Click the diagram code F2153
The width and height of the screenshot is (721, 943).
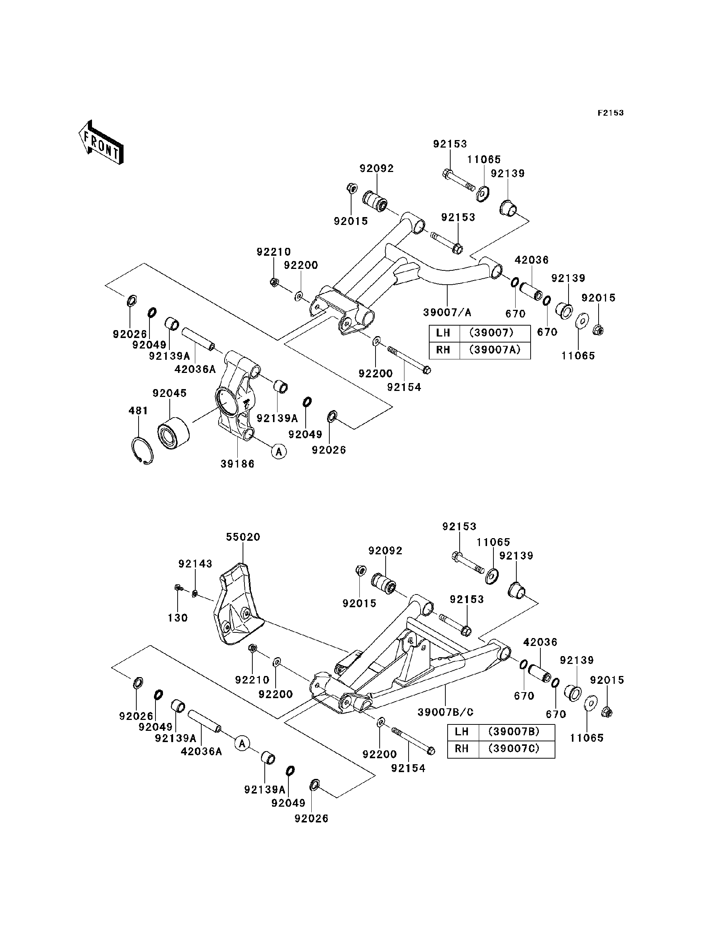point(610,113)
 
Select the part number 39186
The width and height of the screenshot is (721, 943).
point(237,464)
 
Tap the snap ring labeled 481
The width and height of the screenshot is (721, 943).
point(142,450)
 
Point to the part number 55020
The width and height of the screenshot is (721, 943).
point(243,537)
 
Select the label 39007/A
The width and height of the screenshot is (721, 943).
point(447,312)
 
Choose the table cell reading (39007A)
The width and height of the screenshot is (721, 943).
point(495,350)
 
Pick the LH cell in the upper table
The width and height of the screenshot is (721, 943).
point(443,333)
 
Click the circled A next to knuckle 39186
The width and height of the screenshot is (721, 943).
point(279,451)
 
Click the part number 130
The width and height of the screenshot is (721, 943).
point(178,618)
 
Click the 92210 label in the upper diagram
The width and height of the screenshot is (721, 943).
point(274,252)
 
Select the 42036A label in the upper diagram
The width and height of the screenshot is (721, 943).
point(195,369)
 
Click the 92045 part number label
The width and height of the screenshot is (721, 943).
point(169,393)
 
